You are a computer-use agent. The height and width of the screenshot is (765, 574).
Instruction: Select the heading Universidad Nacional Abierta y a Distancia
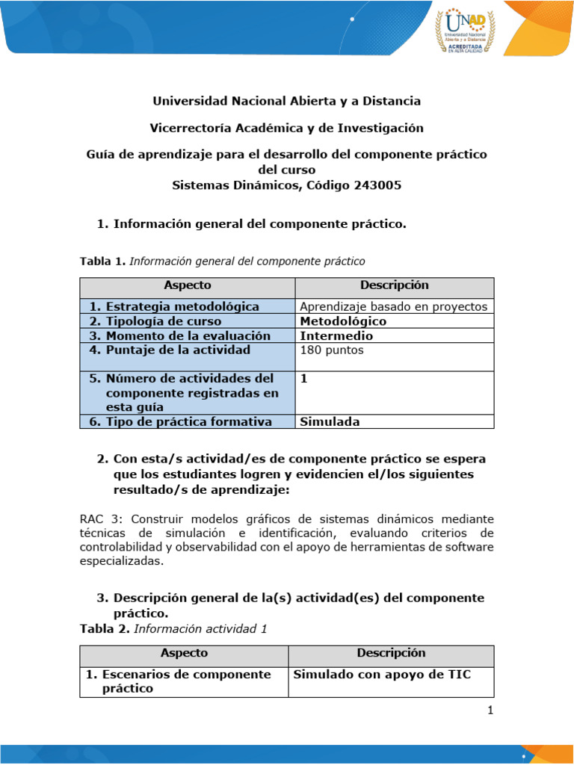pos(286,101)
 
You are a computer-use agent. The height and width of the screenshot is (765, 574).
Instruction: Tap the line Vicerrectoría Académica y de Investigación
pos(286,128)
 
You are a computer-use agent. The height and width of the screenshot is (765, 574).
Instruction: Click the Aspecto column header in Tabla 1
pos(188,285)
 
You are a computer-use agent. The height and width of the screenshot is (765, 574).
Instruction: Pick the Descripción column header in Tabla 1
pos(394,285)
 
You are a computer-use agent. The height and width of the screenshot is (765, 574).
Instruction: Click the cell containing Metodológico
pos(343,321)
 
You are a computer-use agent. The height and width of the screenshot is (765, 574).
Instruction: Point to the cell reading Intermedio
pos(336,335)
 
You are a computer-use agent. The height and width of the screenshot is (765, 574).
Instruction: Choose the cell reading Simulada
pos(330,421)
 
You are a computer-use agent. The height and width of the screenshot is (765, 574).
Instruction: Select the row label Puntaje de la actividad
pos(178,350)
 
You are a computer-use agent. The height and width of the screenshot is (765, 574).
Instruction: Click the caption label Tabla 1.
pos(103,261)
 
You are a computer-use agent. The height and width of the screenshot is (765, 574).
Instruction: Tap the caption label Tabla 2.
pos(105,629)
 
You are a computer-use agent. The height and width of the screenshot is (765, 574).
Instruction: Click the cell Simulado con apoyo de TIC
pos(382,675)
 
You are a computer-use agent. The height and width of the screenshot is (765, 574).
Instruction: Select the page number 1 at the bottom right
pos(490,710)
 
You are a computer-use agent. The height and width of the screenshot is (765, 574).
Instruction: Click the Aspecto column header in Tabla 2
pos(184,653)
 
